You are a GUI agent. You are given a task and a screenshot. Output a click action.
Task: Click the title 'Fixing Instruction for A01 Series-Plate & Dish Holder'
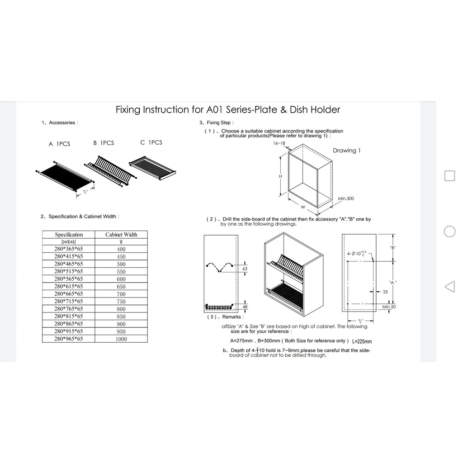point(228,109)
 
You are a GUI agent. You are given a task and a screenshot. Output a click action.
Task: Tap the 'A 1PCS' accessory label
point(59,144)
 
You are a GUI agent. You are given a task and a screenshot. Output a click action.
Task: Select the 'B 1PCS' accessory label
point(104,143)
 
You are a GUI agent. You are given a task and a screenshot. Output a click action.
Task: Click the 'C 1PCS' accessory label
point(151,142)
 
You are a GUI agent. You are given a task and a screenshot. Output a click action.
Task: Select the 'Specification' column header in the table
point(69,235)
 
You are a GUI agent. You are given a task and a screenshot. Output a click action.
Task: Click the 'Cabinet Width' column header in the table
point(121,235)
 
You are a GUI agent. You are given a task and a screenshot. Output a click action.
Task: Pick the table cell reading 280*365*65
point(69,249)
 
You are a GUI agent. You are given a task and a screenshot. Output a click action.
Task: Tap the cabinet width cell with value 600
point(121,279)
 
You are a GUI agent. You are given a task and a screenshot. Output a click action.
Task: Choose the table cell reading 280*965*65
point(69,339)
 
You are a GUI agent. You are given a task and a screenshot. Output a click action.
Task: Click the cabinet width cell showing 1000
point(121,339)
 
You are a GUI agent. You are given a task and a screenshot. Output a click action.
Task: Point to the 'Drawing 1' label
point(346,151)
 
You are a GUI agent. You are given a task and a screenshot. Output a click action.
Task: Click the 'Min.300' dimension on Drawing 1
point(346,198)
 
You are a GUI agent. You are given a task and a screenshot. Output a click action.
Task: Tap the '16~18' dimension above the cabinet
point(279,143)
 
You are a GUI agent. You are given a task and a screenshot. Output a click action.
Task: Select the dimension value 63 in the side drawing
point(245,269)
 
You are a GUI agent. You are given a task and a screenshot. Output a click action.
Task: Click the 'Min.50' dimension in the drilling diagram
point(389,307)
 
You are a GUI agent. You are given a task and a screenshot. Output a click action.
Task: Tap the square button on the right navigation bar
point(449,175)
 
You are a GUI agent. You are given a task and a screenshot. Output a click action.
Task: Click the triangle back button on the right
point(449,286)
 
